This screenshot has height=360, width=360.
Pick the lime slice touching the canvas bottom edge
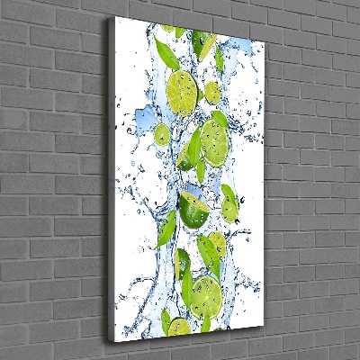coord(179,328)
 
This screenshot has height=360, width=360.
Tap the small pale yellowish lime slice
coord(217,243)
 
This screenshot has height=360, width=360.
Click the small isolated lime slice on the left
coord(162,135)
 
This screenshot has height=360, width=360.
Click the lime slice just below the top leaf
coord(184,86)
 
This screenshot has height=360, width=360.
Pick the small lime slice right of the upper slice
coord(212,91)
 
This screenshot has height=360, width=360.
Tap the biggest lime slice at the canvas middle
coord(215,137)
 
